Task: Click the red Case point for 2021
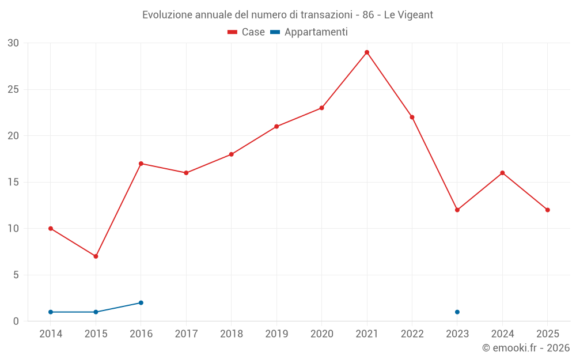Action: click(366, 52)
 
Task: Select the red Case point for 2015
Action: click(96, 256)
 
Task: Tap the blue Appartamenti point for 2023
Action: click(457, 312)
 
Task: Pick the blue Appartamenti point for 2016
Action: click(141, 303)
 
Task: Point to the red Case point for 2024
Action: click(502, 173)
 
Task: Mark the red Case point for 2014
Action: click(51, 229)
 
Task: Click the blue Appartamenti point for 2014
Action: click(51, 312)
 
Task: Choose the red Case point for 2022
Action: click(412, 117)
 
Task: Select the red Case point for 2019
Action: click(276, 127)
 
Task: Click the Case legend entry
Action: click(246, 32)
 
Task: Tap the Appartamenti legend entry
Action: click(309, 32)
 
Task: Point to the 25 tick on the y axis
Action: click(13, 90)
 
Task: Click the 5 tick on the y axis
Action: click(16, 275)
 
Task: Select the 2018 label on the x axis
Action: click(232, 334)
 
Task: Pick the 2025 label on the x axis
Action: click(548, 334)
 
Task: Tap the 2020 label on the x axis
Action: click(322, 334)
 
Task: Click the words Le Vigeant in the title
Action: click(408, 15)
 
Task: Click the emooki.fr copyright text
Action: click(526, 348)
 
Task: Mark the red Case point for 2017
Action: click(186, 173)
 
